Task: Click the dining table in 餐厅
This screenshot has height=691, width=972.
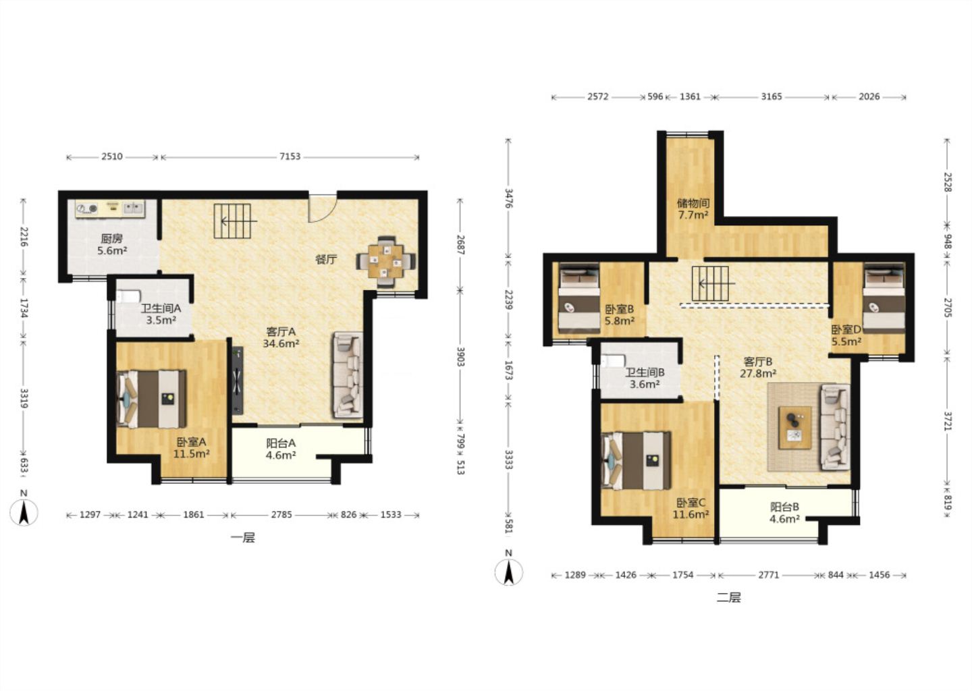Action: tap(386, 262)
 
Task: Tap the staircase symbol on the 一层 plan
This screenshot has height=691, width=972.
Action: tap(233, 221)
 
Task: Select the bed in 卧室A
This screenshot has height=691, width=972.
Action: tap(151, 399)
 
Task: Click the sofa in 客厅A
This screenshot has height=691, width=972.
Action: tap(348, 375)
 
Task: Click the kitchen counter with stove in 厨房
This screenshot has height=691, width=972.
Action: tap(110, 209)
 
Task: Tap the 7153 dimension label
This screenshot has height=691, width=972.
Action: tap(290, 157)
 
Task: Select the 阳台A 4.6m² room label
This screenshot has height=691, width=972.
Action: tap(281, 449)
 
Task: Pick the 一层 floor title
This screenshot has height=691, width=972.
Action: tap(243, 538)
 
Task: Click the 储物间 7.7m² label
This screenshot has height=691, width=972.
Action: tap(693, 209)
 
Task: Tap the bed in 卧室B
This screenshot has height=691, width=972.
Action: tap(580, 298)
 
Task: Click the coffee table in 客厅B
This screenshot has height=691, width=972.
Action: tap(795, 427)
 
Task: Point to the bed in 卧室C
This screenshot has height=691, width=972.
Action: tap(637, 460)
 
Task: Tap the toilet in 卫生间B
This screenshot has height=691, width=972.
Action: tap(613, 361)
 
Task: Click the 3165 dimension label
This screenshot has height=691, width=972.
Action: tap(772, 96)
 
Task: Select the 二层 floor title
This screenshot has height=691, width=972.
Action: tap(728, 598)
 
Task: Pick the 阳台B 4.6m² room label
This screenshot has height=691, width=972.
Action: tap(784, 513)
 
